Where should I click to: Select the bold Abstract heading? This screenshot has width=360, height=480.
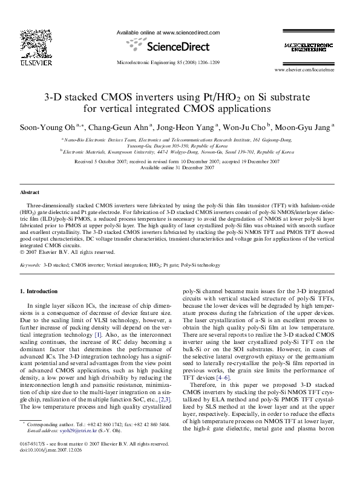click(x=30, y=192)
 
